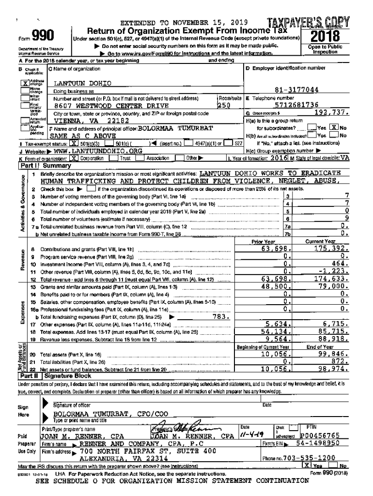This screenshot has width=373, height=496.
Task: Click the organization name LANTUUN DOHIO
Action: coord(82,83)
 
